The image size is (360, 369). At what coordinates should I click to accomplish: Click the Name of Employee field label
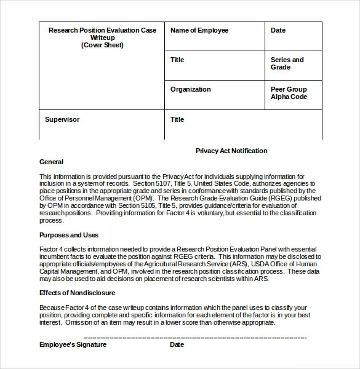[199, 30]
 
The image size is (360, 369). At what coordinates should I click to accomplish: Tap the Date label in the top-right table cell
[278, 30]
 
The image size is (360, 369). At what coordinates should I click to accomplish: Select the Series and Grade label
[287, 63]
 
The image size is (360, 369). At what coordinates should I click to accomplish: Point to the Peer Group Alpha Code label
[288, 93]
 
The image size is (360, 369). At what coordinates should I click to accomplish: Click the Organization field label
[190, 89]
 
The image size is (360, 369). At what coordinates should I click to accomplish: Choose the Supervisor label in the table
[62, 119]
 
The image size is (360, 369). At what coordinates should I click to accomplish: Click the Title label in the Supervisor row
[177, 119]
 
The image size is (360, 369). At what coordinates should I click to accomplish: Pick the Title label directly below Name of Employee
[177, 60]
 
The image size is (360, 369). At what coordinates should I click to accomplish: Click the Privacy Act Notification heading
[231, 151]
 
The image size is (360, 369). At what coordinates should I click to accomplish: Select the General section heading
[51, 162]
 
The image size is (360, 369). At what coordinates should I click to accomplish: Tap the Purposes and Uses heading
[69, 235]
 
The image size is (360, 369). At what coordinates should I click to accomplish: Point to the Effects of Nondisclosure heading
[77, 293]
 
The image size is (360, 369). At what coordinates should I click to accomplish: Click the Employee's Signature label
[73, 344]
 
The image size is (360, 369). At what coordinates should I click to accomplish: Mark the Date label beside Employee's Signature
[177, 344]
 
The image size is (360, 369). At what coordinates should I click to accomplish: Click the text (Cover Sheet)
[102, 45]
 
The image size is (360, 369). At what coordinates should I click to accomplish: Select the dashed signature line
[194, 338]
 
